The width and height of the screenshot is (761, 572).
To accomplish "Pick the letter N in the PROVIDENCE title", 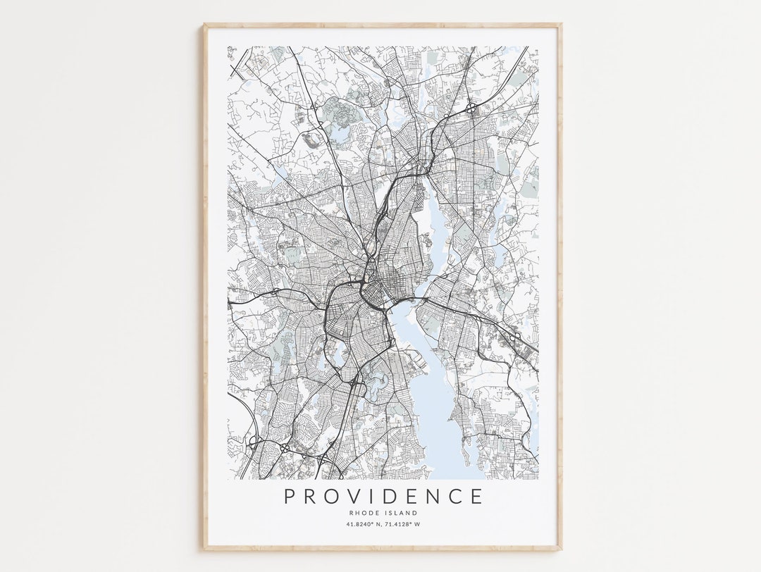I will (434, 496).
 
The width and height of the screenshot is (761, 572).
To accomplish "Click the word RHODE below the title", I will (364, 513).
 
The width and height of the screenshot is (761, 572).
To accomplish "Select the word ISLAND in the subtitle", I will (401, 513).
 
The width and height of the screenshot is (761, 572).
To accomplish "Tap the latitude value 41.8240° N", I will (364, 524).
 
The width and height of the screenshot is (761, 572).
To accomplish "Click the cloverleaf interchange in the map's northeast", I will (469, 108).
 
